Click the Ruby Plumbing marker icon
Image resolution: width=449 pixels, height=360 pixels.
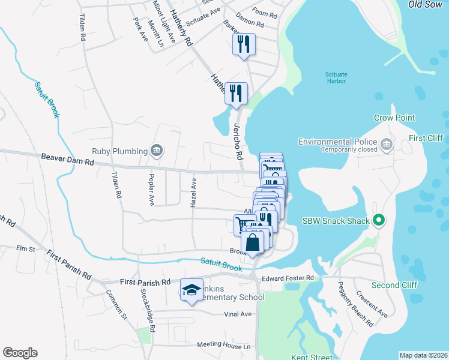tap(157, 150)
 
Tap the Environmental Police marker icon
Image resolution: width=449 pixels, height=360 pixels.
tap(386, 143)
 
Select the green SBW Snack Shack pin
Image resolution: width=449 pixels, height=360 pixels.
tap(378, 221)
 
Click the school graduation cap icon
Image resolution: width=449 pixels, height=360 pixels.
tap(191, 290)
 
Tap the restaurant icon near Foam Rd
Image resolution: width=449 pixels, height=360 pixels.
tap(244, 44)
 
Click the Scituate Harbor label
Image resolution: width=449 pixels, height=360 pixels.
tap(336, 78)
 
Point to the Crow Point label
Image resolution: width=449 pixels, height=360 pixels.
tap(394, 118)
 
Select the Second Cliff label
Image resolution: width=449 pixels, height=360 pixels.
tap(394, 285)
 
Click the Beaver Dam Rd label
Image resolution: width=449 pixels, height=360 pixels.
tap(68, 160)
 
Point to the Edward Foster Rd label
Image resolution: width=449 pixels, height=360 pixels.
tap(288, 278)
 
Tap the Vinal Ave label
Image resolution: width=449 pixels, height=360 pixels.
tap(237, 314)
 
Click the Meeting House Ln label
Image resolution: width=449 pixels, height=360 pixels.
tap(223, 346)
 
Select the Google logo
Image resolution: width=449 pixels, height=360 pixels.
tap(20, 353)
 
